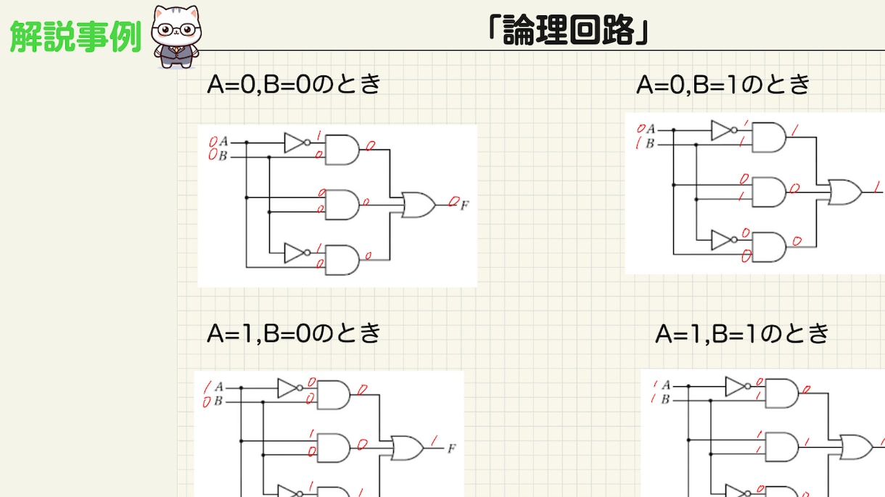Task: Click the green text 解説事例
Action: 75,36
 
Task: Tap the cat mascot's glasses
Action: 176,30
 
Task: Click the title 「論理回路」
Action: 569,30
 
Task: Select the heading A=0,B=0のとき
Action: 294,84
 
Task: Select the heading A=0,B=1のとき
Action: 723,85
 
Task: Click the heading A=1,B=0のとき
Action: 294,333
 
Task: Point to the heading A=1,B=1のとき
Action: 742,333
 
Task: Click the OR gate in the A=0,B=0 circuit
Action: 419,205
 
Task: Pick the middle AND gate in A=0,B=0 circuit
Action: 342,205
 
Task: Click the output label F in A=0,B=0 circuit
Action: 464,205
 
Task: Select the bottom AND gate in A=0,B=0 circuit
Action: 342,260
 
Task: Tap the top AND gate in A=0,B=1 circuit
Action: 769,137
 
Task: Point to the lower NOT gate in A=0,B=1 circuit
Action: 724,240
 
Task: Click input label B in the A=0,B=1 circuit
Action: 650,143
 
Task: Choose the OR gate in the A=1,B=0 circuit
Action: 408,448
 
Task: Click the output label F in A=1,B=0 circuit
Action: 452,448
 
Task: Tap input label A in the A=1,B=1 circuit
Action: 666,385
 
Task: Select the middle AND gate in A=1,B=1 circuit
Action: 782,447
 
